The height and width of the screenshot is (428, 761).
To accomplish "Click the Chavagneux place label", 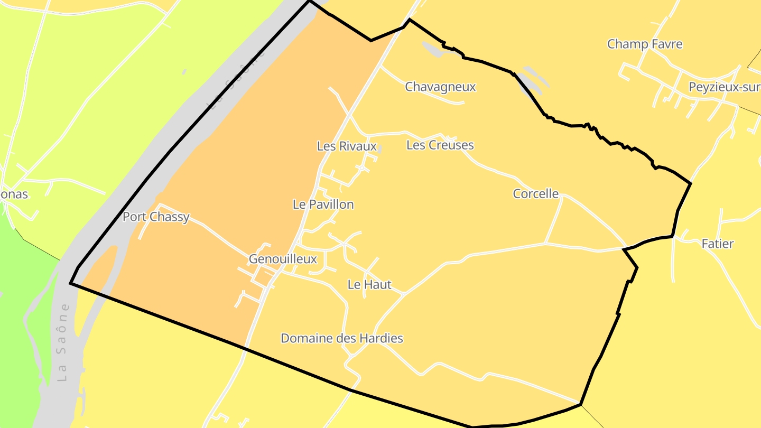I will [440, 87].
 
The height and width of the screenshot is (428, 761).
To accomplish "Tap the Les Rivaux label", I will [347, 146].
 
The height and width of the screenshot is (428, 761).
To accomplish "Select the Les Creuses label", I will [440, 145].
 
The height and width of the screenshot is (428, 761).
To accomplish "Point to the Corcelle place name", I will [535, 194].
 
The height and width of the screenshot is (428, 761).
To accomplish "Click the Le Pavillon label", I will [323, 204].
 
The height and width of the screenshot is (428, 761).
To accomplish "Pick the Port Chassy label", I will [156, 217].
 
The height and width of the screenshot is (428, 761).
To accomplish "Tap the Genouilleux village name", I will [283, 259].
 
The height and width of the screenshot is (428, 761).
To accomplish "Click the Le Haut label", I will [369, 284].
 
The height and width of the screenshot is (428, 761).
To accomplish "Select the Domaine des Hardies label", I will [341, 338].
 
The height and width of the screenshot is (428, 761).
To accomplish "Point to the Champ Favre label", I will [645, 44].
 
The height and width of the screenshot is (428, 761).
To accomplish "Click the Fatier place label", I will [717, 244].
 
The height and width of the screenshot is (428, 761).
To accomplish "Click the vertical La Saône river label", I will [63, 342].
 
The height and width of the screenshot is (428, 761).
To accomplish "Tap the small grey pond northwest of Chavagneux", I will [432, 49].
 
